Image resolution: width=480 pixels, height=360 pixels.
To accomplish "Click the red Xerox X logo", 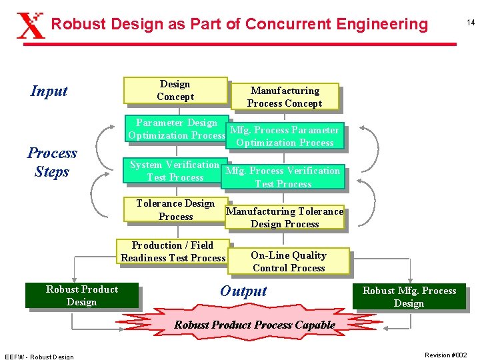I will [x=30, y=25].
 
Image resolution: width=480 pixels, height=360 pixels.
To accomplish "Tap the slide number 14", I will [x=470, y=23].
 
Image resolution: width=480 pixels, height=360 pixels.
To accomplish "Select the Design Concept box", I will [x=175, y=91].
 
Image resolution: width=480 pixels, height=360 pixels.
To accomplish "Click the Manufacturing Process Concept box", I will [x=285, y=97].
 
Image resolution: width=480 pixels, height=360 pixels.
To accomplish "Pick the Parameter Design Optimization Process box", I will [x=176, y=129].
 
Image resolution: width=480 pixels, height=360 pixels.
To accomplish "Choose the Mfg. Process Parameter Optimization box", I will [x=285, y=136].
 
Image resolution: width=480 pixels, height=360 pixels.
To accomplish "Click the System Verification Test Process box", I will [x=175, y=171].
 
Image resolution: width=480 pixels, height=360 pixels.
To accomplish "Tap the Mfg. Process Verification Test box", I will [x=283, y=177].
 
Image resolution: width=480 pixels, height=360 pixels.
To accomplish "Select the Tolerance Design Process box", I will [x=175, y=210].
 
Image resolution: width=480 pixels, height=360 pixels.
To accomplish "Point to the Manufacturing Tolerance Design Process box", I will [x=285, y=217].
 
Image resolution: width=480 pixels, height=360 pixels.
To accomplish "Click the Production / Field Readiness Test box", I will [x=173, y=251].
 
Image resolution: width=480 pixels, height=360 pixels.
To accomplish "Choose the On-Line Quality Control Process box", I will [x=289, y=261].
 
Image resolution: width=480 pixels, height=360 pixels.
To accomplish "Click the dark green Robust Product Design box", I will [x=82, y=295].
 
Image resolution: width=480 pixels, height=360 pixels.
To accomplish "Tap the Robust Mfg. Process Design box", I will [x=409, y=297].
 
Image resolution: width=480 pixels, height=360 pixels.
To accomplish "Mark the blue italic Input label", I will [x=49, y=91].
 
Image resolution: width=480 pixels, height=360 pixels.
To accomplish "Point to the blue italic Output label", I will [x=243, y=291].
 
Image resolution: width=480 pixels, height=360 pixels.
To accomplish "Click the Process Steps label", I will [x=52, y=162].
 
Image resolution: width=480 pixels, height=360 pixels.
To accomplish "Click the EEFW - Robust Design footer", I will [x=39, y=356].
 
